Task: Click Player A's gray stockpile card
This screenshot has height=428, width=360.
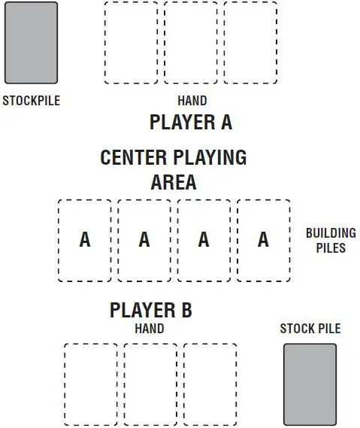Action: click(x=31, y=43)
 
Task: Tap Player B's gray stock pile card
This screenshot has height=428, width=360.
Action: click(x=310, y=384)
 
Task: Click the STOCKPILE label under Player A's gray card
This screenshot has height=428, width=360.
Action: click(x=32, y=101)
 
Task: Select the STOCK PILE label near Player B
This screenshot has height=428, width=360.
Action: click(x=310, y=329)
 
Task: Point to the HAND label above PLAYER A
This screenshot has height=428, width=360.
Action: click(x=192, y=101)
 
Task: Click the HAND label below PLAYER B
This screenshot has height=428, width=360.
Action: click(x=150, y=329)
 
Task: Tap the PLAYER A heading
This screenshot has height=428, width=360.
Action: click(x=191, y=122)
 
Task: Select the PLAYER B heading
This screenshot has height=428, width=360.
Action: click(x=151, y=310)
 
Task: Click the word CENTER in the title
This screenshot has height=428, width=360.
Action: click(x=134, y=157)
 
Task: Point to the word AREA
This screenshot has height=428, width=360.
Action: click(x=174, y=182)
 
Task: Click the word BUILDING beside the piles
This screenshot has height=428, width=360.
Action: click(x=331, y=233)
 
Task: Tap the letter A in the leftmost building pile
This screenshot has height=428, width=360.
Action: click(x=85, y=239)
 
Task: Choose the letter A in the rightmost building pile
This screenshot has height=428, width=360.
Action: click(x=263, y=239)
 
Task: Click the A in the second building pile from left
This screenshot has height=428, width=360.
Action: click(x=144, y=239)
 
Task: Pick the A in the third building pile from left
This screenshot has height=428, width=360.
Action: click(x=204, y=239)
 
